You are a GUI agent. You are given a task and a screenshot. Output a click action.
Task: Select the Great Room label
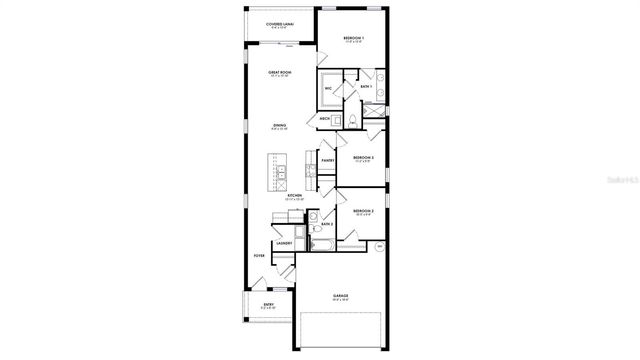pyautogui.click(x=279, y=73)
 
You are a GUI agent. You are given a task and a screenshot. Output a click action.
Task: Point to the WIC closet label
pyautogui.click(x=327, y=89)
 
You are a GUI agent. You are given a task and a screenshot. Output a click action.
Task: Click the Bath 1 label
pyautogui.click(x=366, y=89)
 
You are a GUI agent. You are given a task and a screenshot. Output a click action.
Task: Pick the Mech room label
pyautogui.click(x=325, y=118)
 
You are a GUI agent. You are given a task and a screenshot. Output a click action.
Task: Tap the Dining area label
pyautogui.click(x=279, y=126)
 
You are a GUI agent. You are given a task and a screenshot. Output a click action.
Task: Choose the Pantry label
pyautogui.click(x=327, y=160)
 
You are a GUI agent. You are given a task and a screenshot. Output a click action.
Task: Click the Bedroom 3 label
pyautogui.click(x=363, y=158)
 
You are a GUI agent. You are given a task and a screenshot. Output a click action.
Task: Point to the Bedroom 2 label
pyautogui.click(x=363, y=212)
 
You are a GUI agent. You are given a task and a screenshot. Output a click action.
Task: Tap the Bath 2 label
pyautogui.click(x=326, y=224)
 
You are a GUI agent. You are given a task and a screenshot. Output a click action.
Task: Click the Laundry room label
pyautogui.click(x=283, y=244)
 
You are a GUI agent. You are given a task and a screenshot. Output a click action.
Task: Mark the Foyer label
pyautogui.click(x=259, y=256)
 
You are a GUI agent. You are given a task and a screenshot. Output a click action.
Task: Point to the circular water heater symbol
pyautogui.click(x=379, y=246)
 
